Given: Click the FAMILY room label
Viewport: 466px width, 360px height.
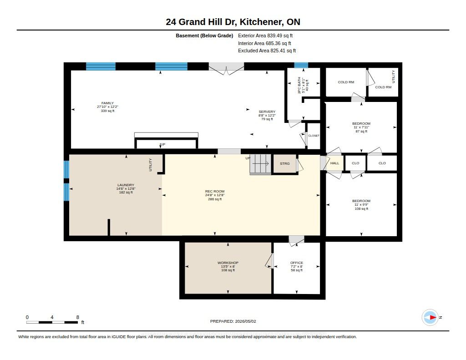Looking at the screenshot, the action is click(107, 103).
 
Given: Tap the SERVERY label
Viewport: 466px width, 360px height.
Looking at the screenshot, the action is click(267, 112).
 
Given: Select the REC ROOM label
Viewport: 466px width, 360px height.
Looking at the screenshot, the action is click(215, 192).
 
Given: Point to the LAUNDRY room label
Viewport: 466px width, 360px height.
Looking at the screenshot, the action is click(126, 185).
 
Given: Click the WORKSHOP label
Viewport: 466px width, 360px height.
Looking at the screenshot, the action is click(228, 263).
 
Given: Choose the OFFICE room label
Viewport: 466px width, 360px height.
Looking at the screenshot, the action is click(297, 263).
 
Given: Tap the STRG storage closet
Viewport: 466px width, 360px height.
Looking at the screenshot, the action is click(285, 163).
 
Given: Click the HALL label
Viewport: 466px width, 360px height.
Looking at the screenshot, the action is click(334, 163).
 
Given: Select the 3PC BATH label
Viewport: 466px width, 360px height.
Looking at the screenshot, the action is click(299, 86).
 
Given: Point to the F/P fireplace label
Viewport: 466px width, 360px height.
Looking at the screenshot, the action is click(162, 144).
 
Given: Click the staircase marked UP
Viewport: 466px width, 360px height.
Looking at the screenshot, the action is click(261, 164).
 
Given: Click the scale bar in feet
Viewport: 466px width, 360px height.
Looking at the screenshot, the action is click(52, 322).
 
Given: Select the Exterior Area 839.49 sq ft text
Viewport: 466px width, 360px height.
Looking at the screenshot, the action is click(265, 35).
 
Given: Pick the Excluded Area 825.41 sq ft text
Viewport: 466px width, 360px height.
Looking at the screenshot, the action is click(267, 51).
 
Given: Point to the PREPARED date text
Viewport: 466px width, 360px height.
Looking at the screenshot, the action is click(233, 321).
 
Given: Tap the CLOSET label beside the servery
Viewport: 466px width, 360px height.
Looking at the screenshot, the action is click(314, 136).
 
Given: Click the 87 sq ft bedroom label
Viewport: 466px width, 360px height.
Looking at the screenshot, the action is click(361, 132).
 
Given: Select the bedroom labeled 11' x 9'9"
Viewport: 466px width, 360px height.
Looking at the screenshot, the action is click(361, 205).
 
